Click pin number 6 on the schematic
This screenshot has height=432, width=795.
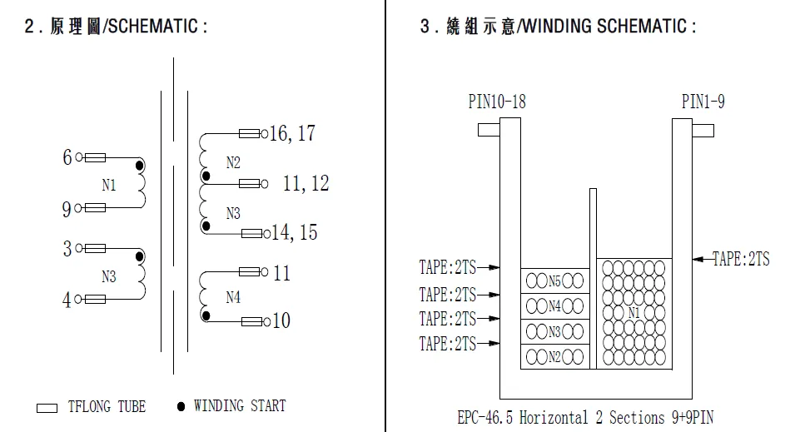pyautogui.click(x=67, y=157)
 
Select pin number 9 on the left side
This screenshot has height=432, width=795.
pyautogui.click(x=67, y=209)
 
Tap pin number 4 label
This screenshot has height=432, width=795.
pyautogui.click(x=67, y=300)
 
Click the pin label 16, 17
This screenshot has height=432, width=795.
pyautogui.click(x=292, y=133)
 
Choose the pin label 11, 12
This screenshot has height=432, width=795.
pyautogui.click(x=306, y=183)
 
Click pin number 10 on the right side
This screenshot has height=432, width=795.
pyautogui.click(x=281, y=320)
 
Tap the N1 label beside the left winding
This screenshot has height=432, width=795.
pyautogui.click(x=109, y=185)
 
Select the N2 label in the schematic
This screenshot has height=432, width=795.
pyautogui.click(x=233, y=162)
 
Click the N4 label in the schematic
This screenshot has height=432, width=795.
pyautogui.click(x=233, y=297)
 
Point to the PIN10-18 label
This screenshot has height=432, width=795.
pyautogui.click(x=497, y=102)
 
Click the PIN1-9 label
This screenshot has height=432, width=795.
pyautogui.click(x=703, y=102)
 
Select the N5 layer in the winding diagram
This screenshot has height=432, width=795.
pyautogui.click(x=554, y=281)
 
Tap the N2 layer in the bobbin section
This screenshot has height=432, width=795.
pyautogui.click(x=554, y=358)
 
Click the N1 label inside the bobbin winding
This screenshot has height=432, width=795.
pyautogui.click(x=634, y=314)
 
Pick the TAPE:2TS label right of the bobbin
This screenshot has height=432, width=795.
pyautogui.click(x=741, y=260)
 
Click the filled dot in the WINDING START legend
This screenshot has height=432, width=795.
pyautogui.click(x=181, y=406)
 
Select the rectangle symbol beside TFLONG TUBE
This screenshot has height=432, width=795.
pyautogui.click(x=47, y=408)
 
